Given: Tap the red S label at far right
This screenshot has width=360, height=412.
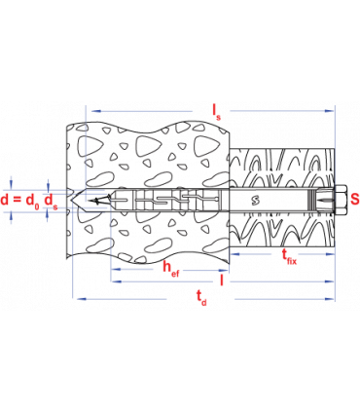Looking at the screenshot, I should click(354, 200).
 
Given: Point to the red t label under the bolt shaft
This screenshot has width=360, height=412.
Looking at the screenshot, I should click(289, 255).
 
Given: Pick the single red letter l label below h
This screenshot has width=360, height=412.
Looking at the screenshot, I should click(223, 281).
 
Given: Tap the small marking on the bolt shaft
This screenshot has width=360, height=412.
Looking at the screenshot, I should click(255, 201).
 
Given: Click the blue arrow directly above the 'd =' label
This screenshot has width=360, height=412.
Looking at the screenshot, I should click(11, 182).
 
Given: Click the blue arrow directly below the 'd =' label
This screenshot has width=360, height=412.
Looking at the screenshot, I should click(11, 219).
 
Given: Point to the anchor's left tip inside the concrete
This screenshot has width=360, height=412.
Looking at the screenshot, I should click(114, 202).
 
